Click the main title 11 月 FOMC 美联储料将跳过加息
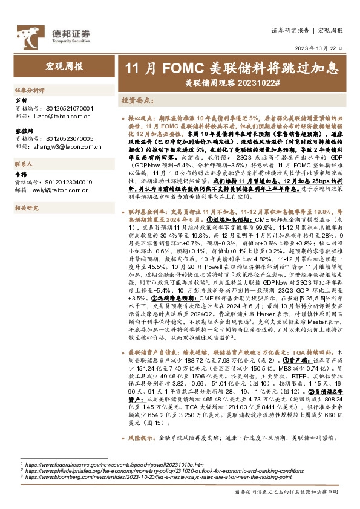[231, 67]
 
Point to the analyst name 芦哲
[20, 101]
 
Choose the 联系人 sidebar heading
[24, 164]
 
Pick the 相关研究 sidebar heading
[26, 208]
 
